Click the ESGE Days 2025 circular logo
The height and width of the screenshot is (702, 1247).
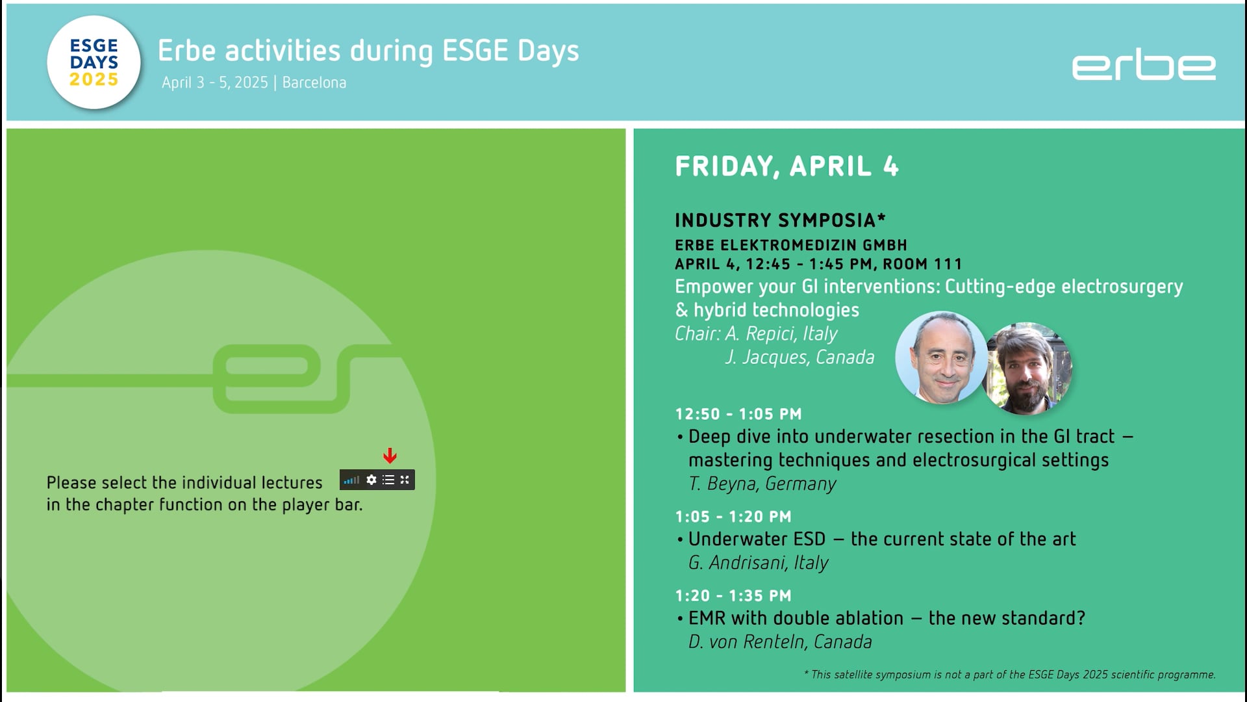point(94,62)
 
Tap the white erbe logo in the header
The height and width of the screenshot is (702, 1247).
point(1144,67)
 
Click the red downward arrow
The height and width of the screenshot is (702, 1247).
point(390,456)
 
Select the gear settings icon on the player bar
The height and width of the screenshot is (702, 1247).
point(372,480)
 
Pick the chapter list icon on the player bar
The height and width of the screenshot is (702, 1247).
point(388,480)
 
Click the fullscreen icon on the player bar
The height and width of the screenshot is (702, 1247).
point(405,480)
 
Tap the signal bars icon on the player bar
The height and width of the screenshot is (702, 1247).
point(351,480)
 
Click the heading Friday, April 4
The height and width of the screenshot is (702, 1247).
point(787,166)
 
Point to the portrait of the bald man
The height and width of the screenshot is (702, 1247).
point(941,357)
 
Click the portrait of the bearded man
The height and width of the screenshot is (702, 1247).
point(1027,369)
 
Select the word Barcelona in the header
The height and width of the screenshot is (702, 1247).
point(314,83)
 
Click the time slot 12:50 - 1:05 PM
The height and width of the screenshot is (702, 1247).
point(738,414)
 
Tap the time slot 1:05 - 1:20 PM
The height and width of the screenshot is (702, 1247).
point(733,517)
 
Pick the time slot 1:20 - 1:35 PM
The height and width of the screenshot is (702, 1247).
point(733,595)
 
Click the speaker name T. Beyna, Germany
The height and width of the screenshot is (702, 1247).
point(762,484)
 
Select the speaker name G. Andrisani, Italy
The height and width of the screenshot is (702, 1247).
point(758,563)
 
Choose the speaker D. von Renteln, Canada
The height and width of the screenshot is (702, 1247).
point(780,642)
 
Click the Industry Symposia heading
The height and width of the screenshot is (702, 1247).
point(780,220)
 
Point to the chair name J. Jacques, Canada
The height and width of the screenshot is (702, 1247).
point(800,357)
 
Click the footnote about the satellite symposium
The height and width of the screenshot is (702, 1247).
point(1009,675)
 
